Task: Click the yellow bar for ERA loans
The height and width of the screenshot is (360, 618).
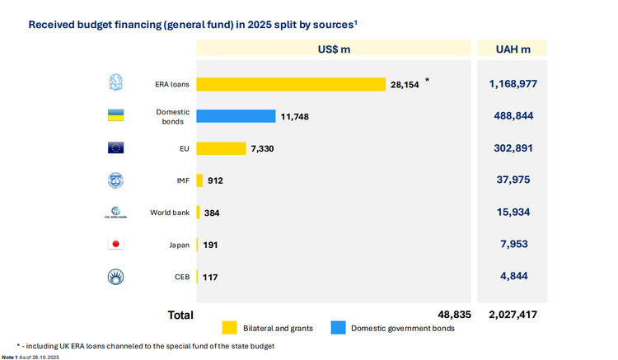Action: coord(291,84)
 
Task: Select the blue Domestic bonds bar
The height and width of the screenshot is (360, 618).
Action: coord(236,116)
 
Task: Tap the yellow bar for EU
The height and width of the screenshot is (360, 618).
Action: coord(221,148)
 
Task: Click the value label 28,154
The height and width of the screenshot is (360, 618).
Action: coord(404,84)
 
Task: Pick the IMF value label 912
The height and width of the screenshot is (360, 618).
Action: coord(216,180)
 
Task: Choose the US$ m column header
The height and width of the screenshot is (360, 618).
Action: coord(334,49)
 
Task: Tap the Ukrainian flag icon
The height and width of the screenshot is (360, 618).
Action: coord(115,115)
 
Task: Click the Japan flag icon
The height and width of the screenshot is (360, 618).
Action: coord(115,245)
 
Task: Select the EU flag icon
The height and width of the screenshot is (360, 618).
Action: coord(115,148)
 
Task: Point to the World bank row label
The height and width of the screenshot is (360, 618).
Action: coord(170,213)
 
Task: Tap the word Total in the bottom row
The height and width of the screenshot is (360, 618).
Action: coord(180,315)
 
